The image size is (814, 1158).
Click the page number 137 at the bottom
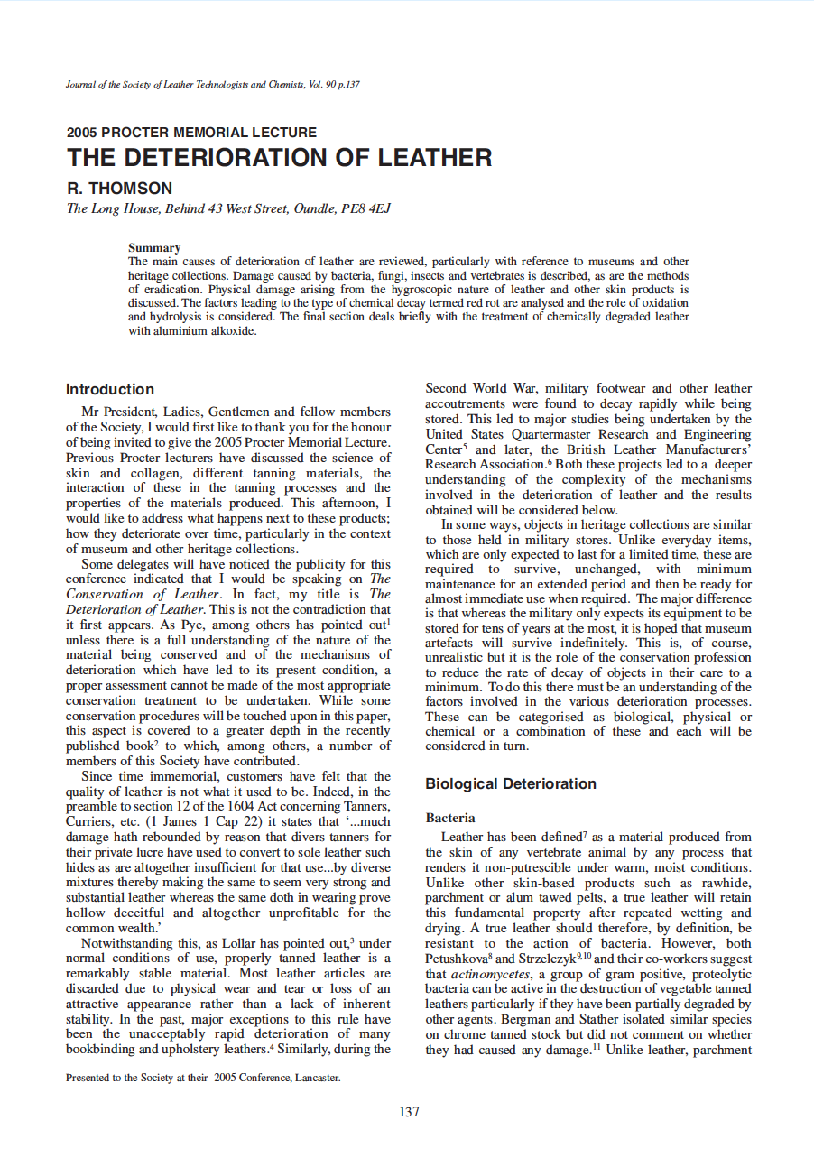pyautogui.click(x=409, y=1112)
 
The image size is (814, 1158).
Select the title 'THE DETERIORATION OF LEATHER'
pyautogui.click(x=279, y=158)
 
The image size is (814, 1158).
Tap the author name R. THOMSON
pyautogui.click(x=119, y=189)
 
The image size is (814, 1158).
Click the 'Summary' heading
pyautogui.click(x=154, y=247)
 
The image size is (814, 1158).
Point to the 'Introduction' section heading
pyautogui.click(x=110, y=390)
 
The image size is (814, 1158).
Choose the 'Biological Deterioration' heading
pyautogui.click(x=511, y=783)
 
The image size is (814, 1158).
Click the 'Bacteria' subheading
pyautogui.click(x=450, y=818)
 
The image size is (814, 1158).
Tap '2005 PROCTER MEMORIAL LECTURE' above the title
pyautogui.click(x=191, y=133)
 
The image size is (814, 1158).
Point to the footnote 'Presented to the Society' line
pyautogui.click(x=203, y=1077)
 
